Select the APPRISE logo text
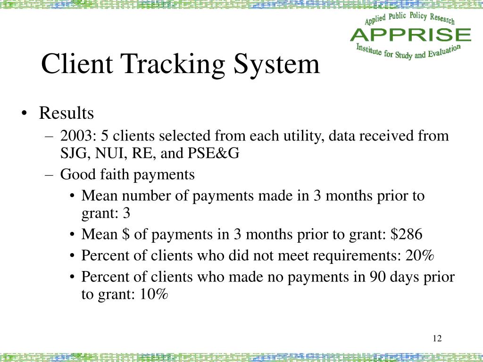coord(410,34)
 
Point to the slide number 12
coord(436,338)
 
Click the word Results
coord(66,114)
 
